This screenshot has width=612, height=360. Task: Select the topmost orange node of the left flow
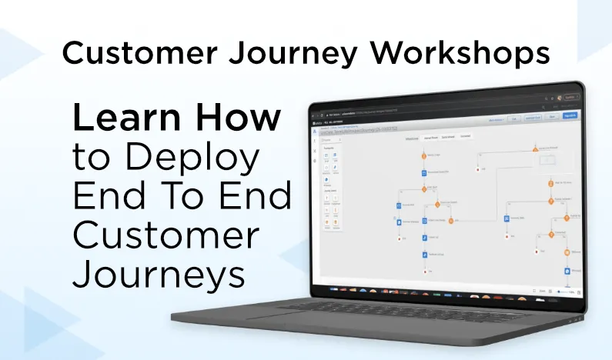click(423, 155)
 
